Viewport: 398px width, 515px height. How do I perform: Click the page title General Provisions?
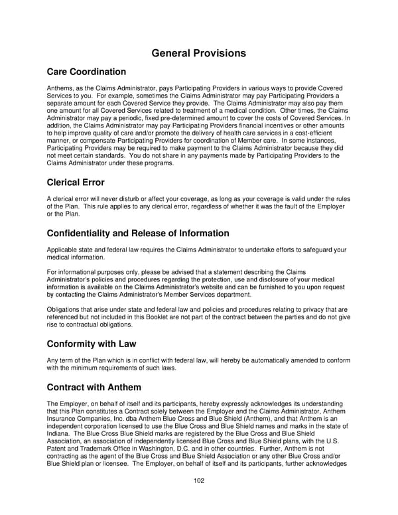coord(198,53)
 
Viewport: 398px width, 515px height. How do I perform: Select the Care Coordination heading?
coord(86,72)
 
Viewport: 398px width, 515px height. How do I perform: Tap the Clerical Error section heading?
coord(76,182)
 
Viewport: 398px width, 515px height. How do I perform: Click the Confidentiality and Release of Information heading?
coord(138,234)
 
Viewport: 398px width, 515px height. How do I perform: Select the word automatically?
coord(243,360)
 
